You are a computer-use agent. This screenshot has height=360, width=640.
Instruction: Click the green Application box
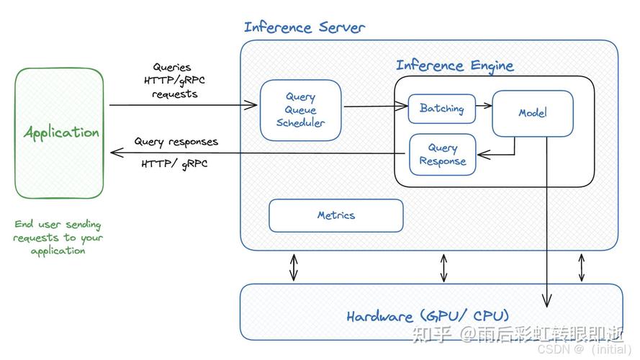(59, 133)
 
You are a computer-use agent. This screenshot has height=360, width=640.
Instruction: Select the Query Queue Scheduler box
(301, 110)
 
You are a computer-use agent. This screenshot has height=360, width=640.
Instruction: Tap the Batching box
(442, 109)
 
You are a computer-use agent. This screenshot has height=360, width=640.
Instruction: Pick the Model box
(533, 113)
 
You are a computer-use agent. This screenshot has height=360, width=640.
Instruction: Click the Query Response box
(443, 155)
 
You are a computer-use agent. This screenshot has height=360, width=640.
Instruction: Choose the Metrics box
(336, 215)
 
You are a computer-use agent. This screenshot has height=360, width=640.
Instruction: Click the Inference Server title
(304, 27)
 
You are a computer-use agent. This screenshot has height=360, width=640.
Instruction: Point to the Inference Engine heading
(455, 66)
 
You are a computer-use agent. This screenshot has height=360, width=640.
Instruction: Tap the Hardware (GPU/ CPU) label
(428, 316)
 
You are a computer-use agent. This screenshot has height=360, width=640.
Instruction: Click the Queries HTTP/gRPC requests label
(174, 81)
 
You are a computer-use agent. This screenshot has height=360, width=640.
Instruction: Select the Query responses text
(176, 142)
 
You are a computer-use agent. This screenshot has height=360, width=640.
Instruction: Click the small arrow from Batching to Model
(484, 106)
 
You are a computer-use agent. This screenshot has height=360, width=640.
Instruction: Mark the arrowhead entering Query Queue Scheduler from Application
(251, 105)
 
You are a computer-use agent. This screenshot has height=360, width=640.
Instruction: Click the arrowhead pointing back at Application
(117, 153)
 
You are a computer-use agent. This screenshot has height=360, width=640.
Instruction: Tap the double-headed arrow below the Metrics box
(294, 267)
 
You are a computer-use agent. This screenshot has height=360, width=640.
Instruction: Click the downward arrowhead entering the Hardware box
(546, 301)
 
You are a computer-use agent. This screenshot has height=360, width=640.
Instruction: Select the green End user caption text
(58, 237)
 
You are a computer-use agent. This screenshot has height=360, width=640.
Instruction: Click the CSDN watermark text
(584, 349)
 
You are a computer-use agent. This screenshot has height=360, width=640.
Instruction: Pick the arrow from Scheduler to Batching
(376, 107)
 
